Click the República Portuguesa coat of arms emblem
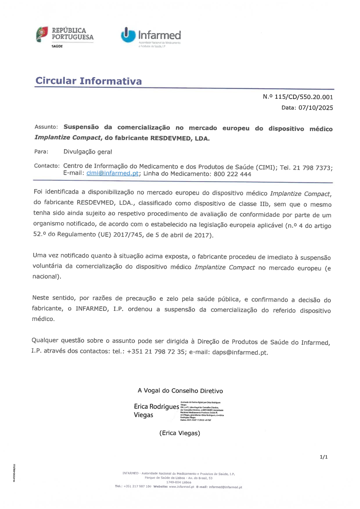42,34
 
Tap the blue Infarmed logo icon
128,35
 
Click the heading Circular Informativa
89,81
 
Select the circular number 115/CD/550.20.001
303,97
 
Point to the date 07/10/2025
316,108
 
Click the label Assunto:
46,127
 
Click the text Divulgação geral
87,152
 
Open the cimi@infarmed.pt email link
112,173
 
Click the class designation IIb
264,204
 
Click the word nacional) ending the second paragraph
47,276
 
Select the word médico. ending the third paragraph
43,319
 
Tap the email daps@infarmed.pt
240,352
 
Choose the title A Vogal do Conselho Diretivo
180,391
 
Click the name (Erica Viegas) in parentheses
180,433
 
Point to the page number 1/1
324,457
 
